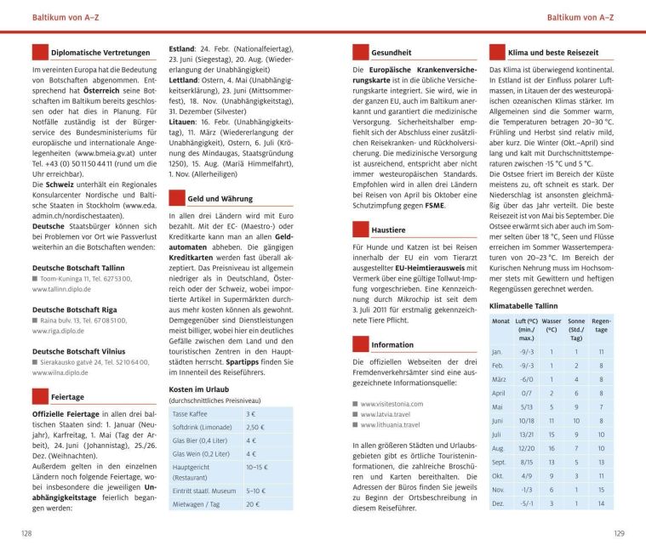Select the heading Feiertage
pos(67,396)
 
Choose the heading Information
pos(392,345)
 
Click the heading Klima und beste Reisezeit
pos(556,53)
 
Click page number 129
pos(619,533)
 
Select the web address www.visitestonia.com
pos(392,404)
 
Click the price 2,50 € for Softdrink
pos(255,427)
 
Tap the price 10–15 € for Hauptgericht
pos(257,467)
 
